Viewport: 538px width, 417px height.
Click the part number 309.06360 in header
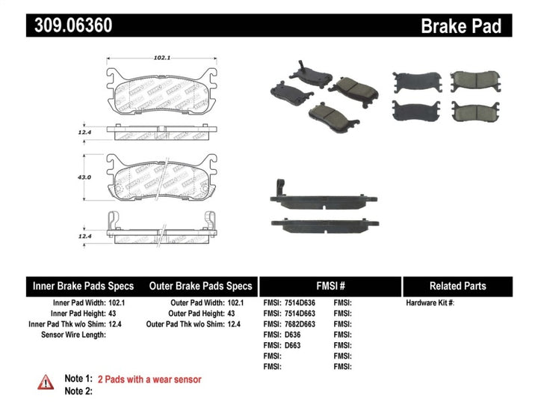point(73,26)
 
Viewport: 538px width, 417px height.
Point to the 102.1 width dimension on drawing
point(159,56)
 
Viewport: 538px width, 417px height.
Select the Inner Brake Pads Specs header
point(83,286)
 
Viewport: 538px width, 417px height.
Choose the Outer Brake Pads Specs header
point(200,286)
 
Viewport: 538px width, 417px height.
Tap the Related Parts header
point(457,286)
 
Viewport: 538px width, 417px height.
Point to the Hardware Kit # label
point(430,302)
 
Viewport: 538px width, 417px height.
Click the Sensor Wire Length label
point(73,335)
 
